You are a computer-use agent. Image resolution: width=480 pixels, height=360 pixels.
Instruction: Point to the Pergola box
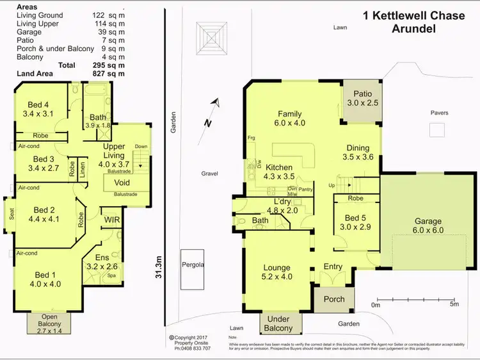(x=192, y=264)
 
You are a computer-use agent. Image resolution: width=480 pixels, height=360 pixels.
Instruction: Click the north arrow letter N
(x=207, y=122)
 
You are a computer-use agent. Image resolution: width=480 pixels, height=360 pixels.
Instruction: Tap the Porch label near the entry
(x=334, y=299)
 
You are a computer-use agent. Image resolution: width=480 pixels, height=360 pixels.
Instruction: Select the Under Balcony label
(x=278, y=323)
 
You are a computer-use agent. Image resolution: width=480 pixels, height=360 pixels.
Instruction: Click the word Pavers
(x=439, y=113)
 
